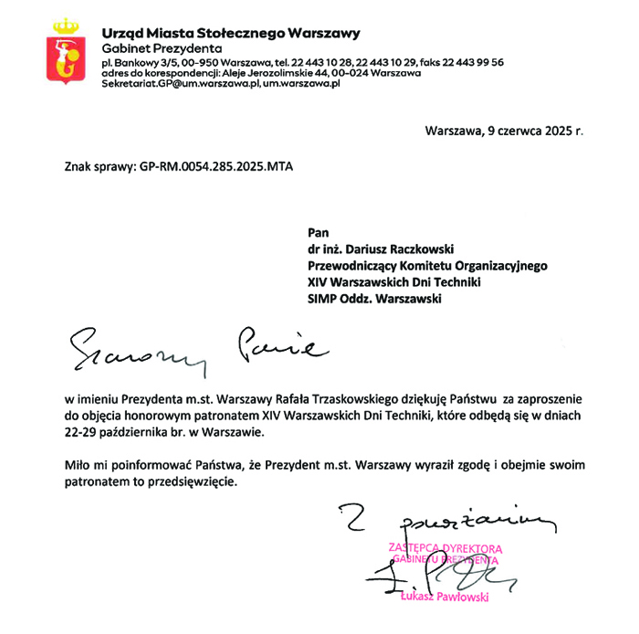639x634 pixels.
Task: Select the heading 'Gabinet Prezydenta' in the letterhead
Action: pyautogui.click(x=162, y=48)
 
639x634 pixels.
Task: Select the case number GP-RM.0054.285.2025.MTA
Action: pyautogui.click(x=217, y=168)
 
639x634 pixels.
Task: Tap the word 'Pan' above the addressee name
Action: pyautogui.click(x=319, y=232)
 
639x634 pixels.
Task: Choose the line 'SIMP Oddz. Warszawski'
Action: pyautogui.click(x=374, y=298)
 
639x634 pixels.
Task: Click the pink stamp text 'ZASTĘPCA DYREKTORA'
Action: pyautogui.click(x=445, y=548)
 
